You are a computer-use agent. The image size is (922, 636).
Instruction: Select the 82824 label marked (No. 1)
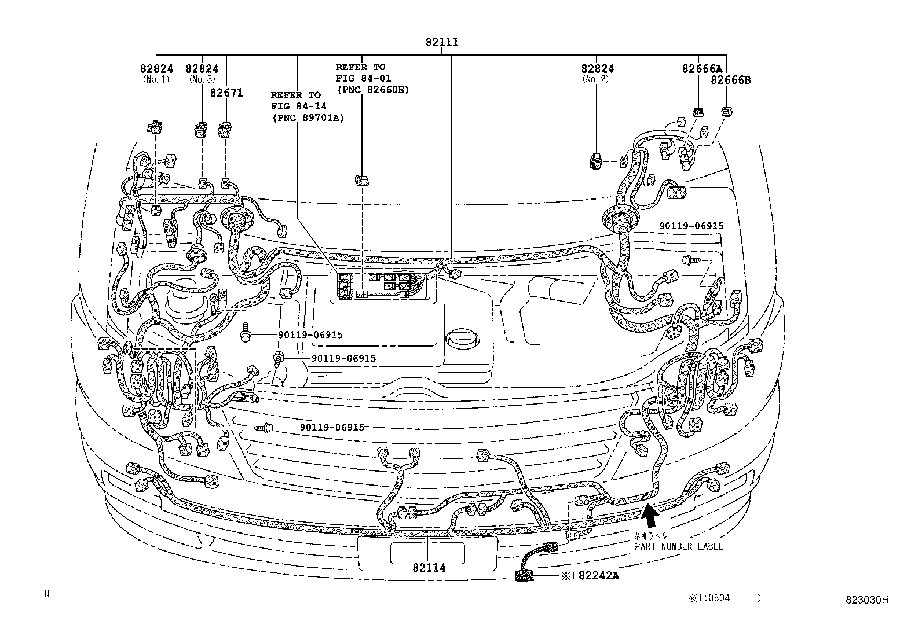pos(156,69)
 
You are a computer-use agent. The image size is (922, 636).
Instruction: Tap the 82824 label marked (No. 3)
pos(202,69)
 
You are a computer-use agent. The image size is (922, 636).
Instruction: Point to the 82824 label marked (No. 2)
pos(598,69)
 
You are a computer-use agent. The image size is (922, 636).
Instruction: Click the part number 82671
pos(226,93)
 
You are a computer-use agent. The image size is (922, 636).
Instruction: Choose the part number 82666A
pos(703,69)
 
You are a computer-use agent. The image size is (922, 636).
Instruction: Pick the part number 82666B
pos(730,80)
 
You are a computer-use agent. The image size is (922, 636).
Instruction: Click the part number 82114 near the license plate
pos(429,568)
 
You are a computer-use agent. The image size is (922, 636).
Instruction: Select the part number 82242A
pos(598,576)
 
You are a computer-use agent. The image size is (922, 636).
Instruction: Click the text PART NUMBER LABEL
pos(679,546)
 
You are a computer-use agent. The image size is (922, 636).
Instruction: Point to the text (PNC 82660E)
pos(372,89)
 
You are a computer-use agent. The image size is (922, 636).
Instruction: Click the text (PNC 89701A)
pos(307,117)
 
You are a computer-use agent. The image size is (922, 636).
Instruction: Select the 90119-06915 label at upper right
pos(691,226)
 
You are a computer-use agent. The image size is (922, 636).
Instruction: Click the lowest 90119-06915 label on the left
pos(332,427)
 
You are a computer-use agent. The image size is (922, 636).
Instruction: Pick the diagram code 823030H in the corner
pos(866,600)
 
